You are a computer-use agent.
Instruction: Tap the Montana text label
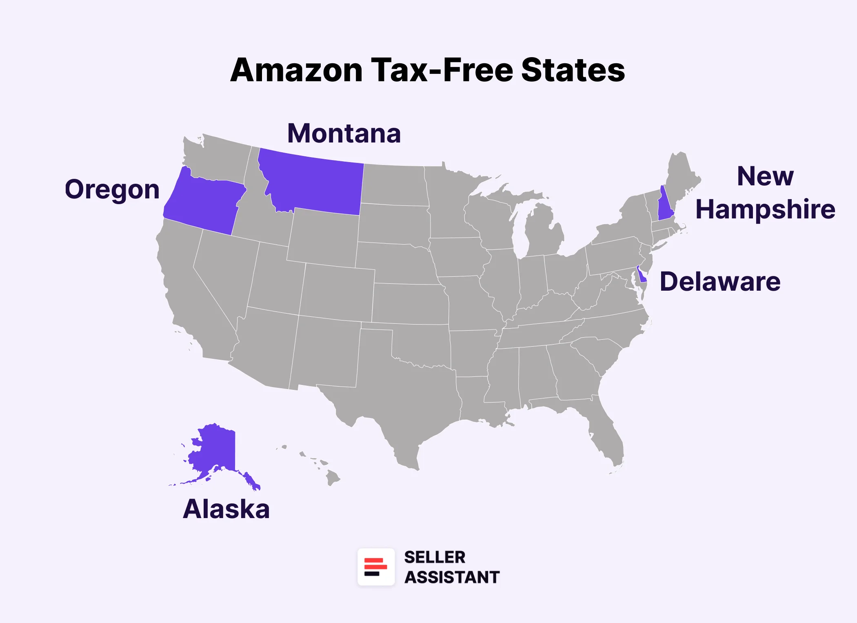coord(344,133)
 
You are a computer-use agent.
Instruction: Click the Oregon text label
coord(112,190)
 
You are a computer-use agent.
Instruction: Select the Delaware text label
coord(720,282)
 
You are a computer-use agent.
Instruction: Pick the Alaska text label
coord(226,509)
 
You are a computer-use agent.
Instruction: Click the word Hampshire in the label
coord(765,209)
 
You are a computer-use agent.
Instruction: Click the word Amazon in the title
coord(296,70)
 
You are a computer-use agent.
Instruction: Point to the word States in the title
coord(573,70)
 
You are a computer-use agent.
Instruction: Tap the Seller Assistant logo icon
coord(376,567)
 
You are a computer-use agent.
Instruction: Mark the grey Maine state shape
coord(682,176)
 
